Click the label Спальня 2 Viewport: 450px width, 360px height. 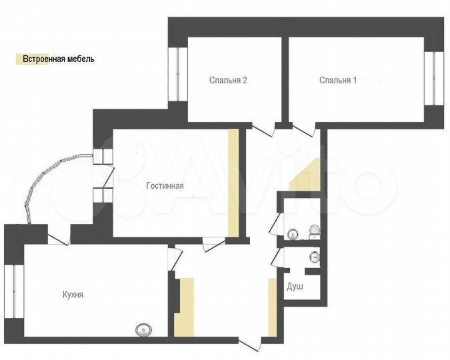[x=228, y=81]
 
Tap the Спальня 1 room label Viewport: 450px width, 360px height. [x=338, y=81]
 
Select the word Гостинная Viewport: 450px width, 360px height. [x=165, y=186]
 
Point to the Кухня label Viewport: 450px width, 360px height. [x=73, y=294]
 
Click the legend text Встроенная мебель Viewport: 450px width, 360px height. [x=59, y=59]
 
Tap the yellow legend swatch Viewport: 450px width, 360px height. [x=18, y=59]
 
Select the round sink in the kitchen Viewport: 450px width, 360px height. [x=143, y=329]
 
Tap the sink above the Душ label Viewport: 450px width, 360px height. [x=315, y=256]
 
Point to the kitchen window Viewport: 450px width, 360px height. [x=14, y=293]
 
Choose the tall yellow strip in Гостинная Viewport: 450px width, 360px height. [x=233, y=183]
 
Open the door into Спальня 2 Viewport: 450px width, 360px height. [x=266, y=128]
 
